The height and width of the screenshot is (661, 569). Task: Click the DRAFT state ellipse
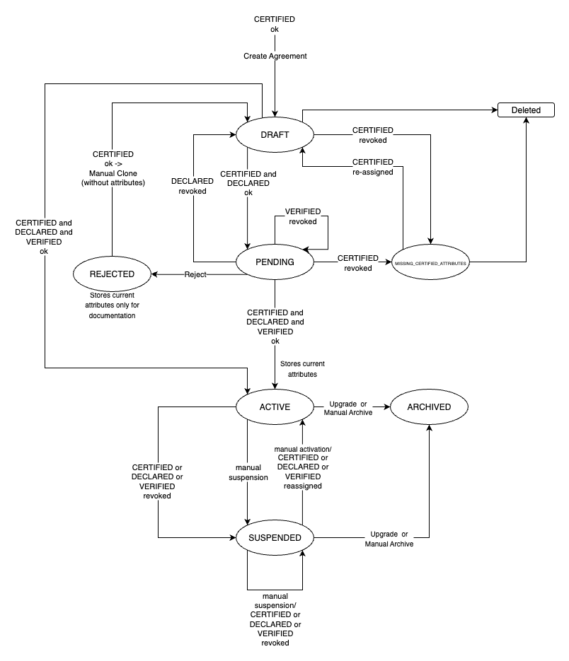tap(275, 134)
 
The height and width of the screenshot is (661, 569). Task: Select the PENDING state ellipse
tap(275, 262)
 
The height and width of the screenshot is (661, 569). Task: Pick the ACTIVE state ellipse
tap(275, 406)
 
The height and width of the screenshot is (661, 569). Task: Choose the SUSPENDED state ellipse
tap(275, 538)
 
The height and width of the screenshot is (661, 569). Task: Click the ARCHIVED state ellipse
tap(429, 406)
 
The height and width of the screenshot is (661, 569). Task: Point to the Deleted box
tap(527, 110)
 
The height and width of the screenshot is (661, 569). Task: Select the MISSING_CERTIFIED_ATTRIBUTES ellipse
tap(430, 262)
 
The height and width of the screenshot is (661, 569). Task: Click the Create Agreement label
tap(275, 56)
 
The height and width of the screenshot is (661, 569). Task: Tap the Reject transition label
tap(195, 274)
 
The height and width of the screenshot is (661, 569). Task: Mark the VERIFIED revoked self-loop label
tap(303, 216)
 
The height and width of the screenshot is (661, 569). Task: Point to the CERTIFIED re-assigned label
tap(373, 167)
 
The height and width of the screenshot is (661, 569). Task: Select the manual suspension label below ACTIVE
tap(248, 472)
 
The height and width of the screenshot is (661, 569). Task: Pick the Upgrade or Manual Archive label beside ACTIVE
tap(348, 408)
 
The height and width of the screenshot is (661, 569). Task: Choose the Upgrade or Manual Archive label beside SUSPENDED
tap(389, 539)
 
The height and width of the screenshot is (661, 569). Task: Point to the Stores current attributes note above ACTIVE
tap(302, 368)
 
